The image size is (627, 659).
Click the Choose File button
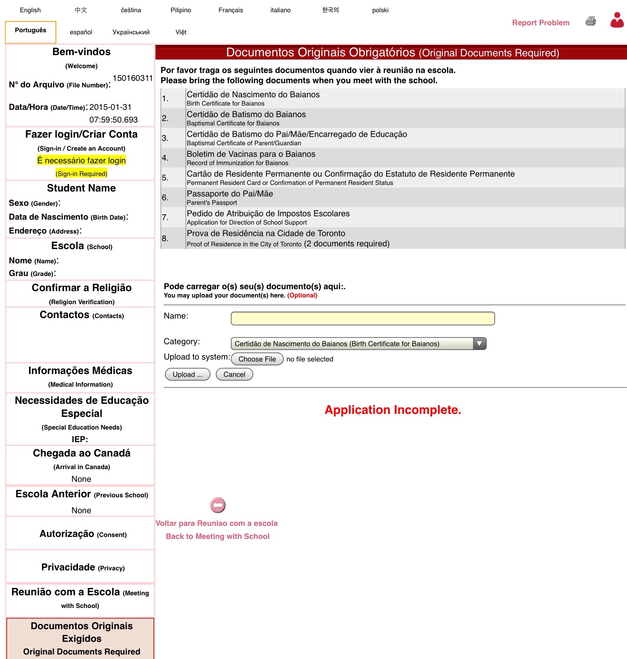click(x=257, y=359)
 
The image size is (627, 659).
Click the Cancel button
click(x=234, y=374)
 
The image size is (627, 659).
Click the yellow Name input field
click(x=362, y=318)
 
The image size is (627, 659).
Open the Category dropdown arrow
click(x=480, y=344)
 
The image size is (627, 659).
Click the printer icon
click(x=591, y=21)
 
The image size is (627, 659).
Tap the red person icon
click(x=617, y=20)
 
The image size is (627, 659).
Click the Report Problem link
click(x=540, y=23)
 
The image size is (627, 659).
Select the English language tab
click(x=30, y=10)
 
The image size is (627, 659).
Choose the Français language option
click(x=231, y=10)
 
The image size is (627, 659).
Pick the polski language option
click(x=380, y=10)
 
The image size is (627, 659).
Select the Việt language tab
click(x=181, y=32)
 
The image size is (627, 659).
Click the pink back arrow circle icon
click(x=218, y=505)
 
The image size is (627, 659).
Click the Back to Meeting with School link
click(x=218, y=536)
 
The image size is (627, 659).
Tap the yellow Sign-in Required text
click(x=82, y=174)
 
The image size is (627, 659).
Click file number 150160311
click(x=132, y=78)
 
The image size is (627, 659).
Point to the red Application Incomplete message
click(x=393, y=410)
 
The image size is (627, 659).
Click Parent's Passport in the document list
click(x=212, y=203)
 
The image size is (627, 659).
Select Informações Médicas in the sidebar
click(x=80, y=371)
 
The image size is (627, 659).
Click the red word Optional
click(x=302, y=295)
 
